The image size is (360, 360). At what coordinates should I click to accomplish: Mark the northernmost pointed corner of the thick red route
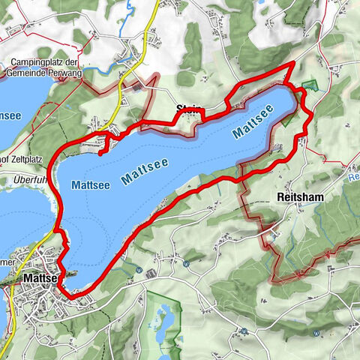tap(291, 65)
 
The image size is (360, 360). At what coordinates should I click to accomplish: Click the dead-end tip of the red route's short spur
tap(99, 153)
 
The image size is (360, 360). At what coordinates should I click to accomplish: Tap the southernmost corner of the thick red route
tap(72, 298)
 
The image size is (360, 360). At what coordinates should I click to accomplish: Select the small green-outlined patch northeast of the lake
tap(310, 87)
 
